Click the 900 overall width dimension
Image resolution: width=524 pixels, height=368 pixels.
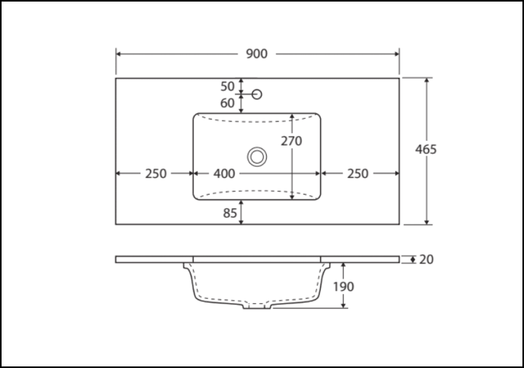(257, 54)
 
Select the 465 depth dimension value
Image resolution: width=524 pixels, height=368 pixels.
(425, 149)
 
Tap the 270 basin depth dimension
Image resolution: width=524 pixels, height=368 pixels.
(291, 141)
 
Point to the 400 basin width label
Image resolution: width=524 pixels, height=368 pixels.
(224, 173)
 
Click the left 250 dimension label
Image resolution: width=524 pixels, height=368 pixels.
(156, 173)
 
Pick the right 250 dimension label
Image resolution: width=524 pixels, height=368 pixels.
(358, 173)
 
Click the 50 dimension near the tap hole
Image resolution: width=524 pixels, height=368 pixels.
(227, 86)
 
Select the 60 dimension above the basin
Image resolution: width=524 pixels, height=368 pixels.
(227, 103)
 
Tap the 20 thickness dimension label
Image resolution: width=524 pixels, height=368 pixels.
(427, 259)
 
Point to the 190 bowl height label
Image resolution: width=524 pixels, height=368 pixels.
(343, 286)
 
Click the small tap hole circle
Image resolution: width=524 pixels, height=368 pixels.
(257, 94)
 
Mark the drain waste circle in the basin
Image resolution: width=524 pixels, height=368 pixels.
(257, 157)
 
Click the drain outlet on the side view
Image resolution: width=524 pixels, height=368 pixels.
(257, 306)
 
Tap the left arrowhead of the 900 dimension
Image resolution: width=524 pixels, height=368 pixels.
(119, 54)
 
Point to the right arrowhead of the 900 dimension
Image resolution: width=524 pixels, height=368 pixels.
(396, 54)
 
